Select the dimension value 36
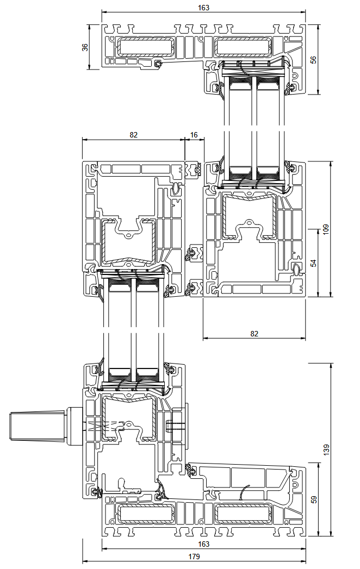[x=85, y=47]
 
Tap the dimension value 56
[x=313, y=60]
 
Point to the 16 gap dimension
[x=194, y=135]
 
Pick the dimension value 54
[x=313, y=263]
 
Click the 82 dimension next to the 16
[x=134, y=135]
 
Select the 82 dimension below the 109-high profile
[x=254, y=333]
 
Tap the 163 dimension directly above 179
[x=203, y=543]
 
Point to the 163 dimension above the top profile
[x=203, y=8]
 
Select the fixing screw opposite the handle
[x=175, y=425]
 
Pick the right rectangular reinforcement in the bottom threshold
[x=243, y=513]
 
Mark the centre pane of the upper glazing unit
[x=254, y=125]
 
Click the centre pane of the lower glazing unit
[x=133, y=326]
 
